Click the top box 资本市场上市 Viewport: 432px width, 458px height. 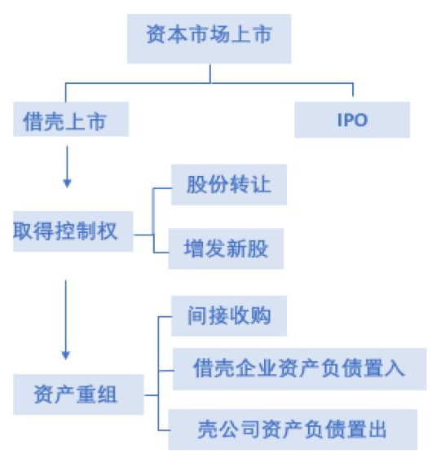point(209,38)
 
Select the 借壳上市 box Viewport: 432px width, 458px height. point(71,119)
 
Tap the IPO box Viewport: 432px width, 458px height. point(352,120)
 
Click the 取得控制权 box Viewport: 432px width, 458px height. point(73,231)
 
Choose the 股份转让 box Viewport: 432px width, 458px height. point(229,185)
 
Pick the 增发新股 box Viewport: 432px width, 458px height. point(226,249)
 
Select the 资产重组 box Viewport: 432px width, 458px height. point(78,394)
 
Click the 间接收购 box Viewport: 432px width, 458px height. point(229,315)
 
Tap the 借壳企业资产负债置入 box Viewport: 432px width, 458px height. point(300,369)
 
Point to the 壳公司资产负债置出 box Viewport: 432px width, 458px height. point(293,429)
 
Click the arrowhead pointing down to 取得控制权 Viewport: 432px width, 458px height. point(67,183)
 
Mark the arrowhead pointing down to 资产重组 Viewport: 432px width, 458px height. point(66,355)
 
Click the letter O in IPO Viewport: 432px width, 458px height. point(361,120)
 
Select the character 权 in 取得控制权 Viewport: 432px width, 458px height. point(108,231)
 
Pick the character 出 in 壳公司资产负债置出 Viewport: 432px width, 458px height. point(377,429)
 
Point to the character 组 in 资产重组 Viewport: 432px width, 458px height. point(106,394)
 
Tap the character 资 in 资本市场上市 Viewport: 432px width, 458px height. point(156,34)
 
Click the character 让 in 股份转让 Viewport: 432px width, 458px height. point(261,184)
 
